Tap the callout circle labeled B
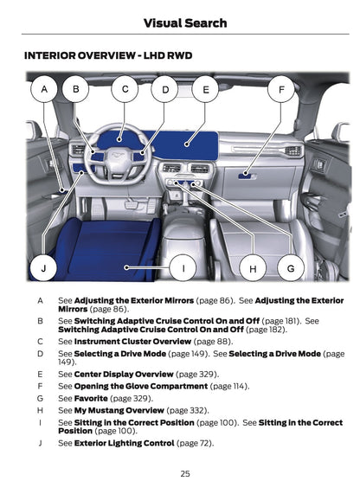pyautogui.click(x=76, y=88)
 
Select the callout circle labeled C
pyautogui.click(x=125, y=88)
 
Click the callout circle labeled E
pyautogui.click(x=206, y=88)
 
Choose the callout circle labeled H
pyautogui.click(x=253, y=268)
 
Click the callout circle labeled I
pyautogui.click(x=183, y=268)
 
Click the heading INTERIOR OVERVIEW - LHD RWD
pyautogui.click(x=108, y=55)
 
